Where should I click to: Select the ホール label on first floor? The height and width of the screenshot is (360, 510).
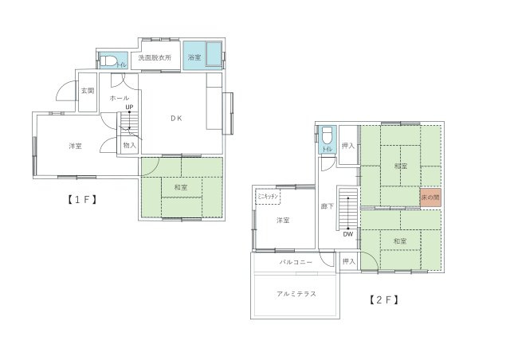120,98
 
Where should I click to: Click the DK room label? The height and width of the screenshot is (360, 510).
176,118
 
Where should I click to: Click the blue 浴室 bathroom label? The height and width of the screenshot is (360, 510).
194,58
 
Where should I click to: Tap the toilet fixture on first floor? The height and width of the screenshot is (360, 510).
109,61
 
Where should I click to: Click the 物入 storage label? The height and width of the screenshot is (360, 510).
129,146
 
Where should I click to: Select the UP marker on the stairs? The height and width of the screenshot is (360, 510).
128,106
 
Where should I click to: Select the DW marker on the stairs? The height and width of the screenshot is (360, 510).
348,234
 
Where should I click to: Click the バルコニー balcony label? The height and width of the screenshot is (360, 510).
293,261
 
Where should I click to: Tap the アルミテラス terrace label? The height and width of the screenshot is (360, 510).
297,293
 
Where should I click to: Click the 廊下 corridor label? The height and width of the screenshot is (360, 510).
327,206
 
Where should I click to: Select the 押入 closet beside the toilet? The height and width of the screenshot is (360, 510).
347,146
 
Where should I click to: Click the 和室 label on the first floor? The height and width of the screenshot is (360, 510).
180,187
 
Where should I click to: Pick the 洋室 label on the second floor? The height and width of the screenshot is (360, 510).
282,221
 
